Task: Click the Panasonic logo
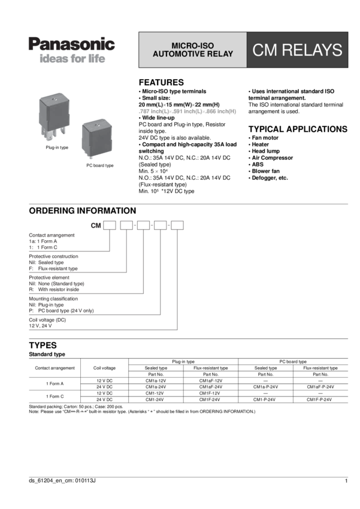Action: pos(71,44)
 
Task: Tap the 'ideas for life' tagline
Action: pos(71,60)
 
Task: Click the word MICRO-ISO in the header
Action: pos(193,46)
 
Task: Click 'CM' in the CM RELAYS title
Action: pos(267,50)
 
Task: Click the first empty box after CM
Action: pos(109,226)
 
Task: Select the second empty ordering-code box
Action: pos(126,226)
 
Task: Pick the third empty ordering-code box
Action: pos(144,226)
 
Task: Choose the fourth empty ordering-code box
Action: pos(161,226)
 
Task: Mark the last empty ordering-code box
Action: pos(177,226)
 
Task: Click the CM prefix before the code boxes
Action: pos(94,226)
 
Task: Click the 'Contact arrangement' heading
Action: pos(52,235)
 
